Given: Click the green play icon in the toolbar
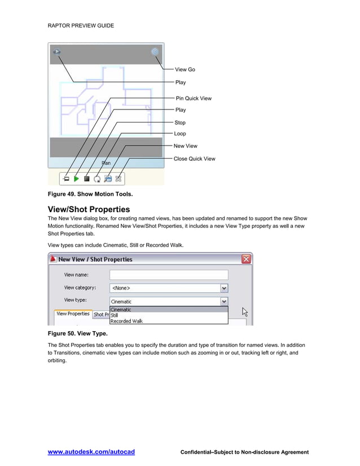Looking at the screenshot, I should point(76,179).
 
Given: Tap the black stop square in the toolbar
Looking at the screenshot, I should point(87,179).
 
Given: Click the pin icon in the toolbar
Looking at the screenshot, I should point(66,179).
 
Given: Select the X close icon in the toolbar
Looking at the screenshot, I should point(118,179).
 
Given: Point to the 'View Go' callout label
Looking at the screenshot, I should point(185,69).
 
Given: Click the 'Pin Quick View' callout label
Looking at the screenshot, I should point(194,98).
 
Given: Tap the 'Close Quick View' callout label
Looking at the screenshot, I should point(195,159).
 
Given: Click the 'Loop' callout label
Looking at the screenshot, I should point(180,134).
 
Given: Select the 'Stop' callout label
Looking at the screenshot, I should point(180,122).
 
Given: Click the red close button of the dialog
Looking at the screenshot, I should point(246,260).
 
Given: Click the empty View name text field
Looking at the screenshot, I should point(168,275).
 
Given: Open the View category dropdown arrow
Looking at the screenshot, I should point(224,288).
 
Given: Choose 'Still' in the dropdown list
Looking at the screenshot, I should point(115,315).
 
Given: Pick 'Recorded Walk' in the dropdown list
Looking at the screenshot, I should point(126,321).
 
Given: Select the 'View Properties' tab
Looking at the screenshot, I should point(73,314).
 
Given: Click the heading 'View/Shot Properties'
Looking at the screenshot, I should point(89,209).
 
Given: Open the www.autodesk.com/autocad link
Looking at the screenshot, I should point(91,452).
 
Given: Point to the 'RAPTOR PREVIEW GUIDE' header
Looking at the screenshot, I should point(82,25).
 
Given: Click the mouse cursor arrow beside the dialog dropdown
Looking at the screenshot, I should point(245,311).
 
